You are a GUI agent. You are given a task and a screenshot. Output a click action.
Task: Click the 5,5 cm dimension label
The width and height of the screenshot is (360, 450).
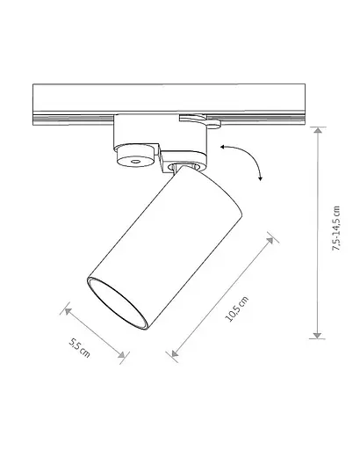coord(79,348)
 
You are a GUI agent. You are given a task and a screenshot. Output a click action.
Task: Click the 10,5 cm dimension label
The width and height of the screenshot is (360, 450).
coord(236,309)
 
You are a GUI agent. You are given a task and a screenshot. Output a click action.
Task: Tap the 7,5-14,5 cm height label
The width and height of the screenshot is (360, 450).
coord(336,229)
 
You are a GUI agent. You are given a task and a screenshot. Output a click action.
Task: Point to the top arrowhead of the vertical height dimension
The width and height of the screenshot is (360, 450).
coord(318,130)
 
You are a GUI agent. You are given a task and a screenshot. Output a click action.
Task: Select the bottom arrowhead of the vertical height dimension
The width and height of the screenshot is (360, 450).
coord(318,336)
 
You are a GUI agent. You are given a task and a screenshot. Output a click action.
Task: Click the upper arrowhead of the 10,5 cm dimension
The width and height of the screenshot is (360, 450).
coord(270,240)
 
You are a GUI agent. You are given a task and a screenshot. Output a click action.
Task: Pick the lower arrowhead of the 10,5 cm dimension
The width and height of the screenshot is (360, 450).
coord(175,353)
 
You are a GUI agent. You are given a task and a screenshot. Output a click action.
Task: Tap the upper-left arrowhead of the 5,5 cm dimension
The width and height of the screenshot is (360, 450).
coord(68,311)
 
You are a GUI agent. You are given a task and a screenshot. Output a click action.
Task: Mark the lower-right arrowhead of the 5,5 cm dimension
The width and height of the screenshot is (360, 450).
coord(121,355)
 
